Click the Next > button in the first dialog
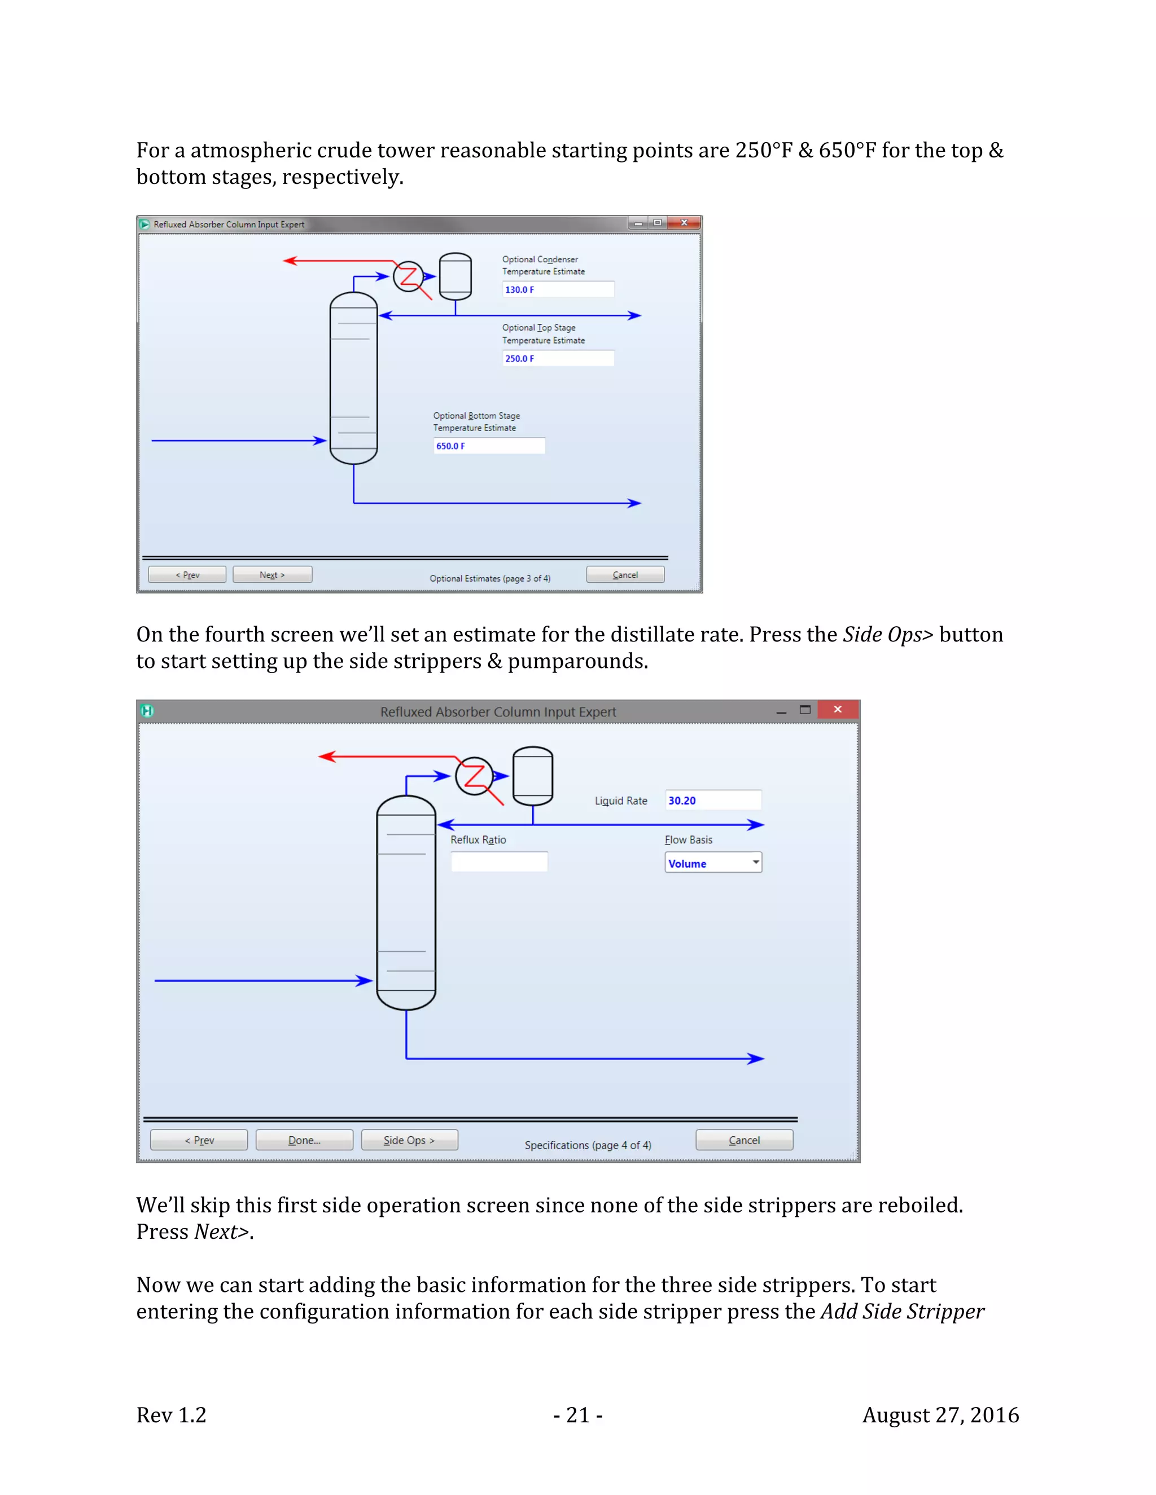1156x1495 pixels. click(x=272, y=574)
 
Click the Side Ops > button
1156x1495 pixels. click(x=409, y=1140)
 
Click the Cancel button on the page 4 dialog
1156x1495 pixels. click(x=744, y=1140)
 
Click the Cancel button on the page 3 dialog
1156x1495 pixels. click(x=625, y=574)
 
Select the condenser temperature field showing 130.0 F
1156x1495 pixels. click(x=558, y=289)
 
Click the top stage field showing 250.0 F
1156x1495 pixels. click(x=558, y=358)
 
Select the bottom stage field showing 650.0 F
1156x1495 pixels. click(x=489, y=446)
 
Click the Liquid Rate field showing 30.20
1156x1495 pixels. click(x=712, y=800)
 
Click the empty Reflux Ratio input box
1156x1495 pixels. click(x=498, y=862)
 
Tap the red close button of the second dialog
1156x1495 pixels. click(x=838, y=710)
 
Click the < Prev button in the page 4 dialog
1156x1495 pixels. click(x=199, y=1140)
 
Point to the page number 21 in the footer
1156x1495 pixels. click(x=578, y=1415)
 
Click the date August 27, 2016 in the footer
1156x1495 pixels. click(x=940, y=1415)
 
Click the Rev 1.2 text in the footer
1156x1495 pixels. click(x=171, y=1415)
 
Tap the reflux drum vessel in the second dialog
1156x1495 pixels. click(x=532, y=776)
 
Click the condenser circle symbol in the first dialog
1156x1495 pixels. click(x=408, y=276)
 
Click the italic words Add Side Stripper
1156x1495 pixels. click(x=902, y=1312)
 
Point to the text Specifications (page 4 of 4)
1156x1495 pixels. click(x=588, y=1145)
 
